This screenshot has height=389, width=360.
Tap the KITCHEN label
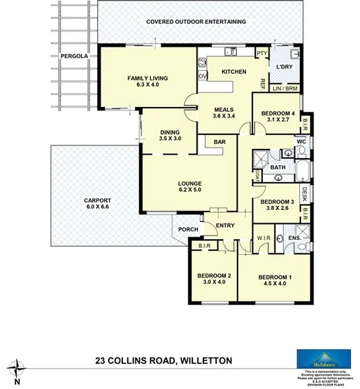233,72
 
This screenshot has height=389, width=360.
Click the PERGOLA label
73,59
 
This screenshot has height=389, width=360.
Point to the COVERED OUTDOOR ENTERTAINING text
196,22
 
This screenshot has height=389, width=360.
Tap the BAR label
219,142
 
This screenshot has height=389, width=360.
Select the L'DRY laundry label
285,67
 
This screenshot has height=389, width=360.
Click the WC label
302,142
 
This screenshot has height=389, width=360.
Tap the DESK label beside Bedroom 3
305,191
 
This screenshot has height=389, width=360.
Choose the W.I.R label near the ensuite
263,237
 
